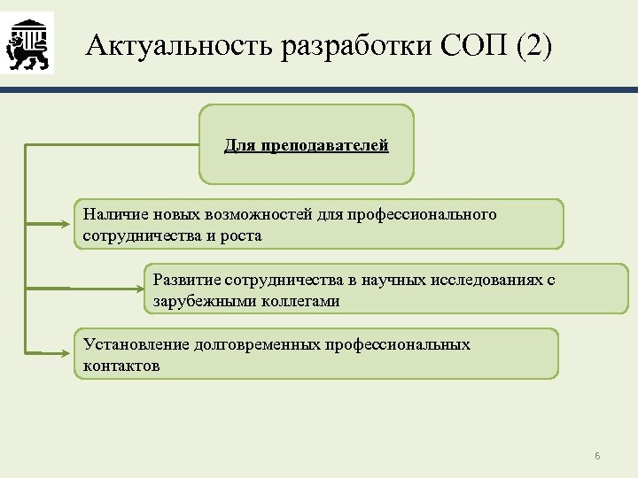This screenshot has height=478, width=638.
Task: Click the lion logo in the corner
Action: pyautogui.click(x=27, y=42)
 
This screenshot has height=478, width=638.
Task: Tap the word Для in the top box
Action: pyautogui.click(x=239, y=144)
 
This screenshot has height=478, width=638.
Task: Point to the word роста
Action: pyautogui.click(x=241, y=236)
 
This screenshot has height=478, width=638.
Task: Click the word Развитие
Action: pyautogui.click(x=186, y=281)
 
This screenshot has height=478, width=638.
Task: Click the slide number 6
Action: pyautogui.click(x=597, y=456)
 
